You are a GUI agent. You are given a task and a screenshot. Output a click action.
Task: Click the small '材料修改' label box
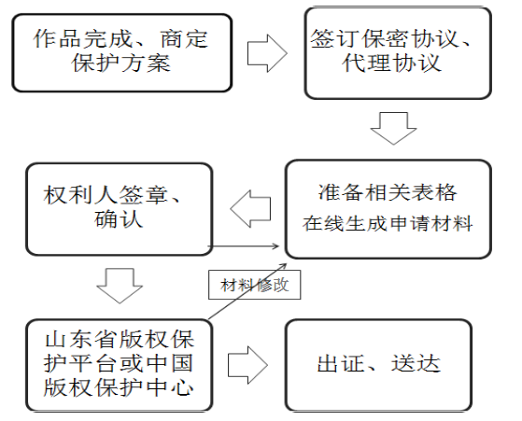pyautogui.click(x=254, y=285)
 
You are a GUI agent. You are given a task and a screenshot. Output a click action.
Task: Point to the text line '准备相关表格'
pyautogui.click(x=388, y=192)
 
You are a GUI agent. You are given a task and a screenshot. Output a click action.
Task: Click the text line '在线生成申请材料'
pyautogui.click(x=388, y=223)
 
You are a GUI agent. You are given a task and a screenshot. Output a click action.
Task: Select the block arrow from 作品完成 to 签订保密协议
pyautogui.click(x=267, y=53)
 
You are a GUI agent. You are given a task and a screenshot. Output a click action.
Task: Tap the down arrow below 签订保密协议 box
pyautogui.click(x=393, y=129)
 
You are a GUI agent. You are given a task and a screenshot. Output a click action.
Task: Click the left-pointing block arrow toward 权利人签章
pyautogui.click(x=250, y=209)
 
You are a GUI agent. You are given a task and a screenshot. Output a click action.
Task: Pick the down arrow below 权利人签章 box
pyautogui.click(x=120, y=286)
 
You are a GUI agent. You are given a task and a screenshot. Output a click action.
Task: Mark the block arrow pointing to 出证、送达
pyautogui.click(x=247, y=365)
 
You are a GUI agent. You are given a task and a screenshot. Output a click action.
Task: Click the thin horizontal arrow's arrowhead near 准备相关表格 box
pyautogui.click(x=276, y=246)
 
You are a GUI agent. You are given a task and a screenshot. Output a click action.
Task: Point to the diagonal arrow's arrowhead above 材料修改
pyautogui.click(x=284, y=266)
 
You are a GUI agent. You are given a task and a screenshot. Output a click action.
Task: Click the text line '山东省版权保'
pyautogui.click(x=120, y=340)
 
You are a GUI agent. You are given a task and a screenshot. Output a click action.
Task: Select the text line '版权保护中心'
pyautogui.click(x=119, y=386)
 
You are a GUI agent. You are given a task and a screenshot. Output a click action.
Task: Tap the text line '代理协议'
pyautogui.click(x=391, y=63)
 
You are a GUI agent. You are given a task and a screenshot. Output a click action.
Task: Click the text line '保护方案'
pyautogui.click(x=121, y=63)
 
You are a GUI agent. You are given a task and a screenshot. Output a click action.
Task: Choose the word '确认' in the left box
pyautogui.click(x=119, y=218)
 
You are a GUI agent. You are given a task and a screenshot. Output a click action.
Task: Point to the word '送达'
pyautogui.click(x=416, y=363)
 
